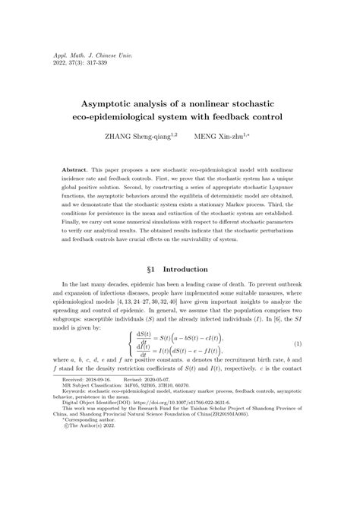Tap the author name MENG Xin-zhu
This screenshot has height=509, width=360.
tap(225, 137)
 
